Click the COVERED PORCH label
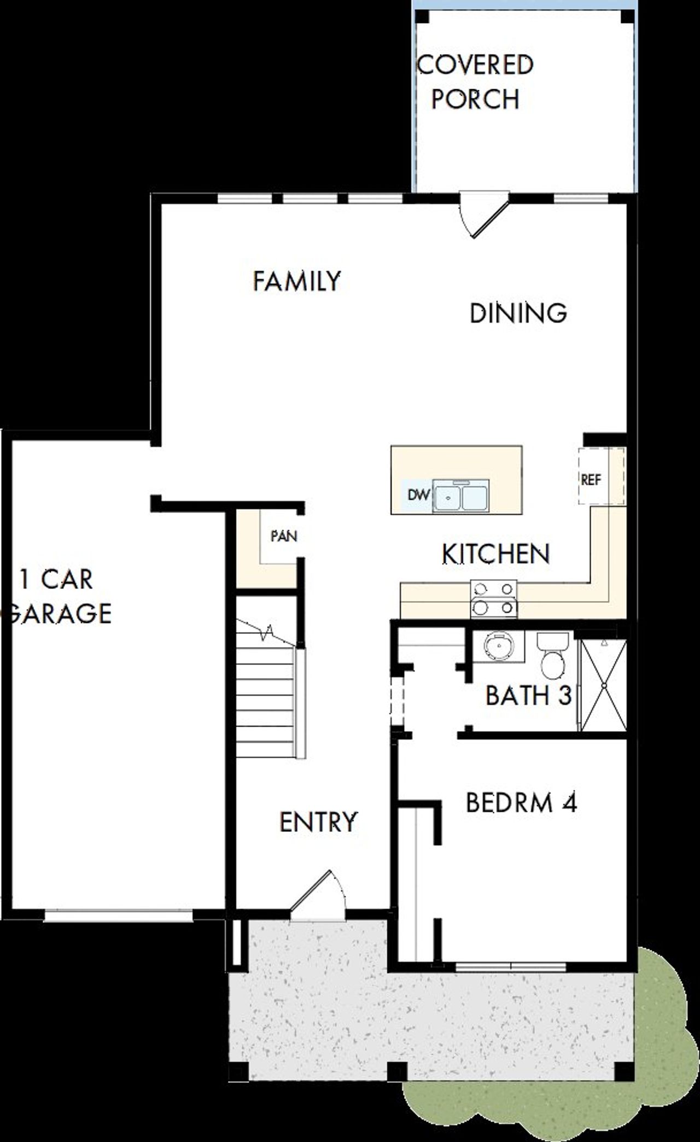(x=475, y=82)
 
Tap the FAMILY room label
(x=296, y=281)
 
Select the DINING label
(x=518, y=313)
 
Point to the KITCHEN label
(x=495, y=554)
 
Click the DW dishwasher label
(x=418, y=495)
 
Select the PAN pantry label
(x=284, y=536)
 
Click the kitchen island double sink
(x=461, y=496)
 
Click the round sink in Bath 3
(x=497, y=645)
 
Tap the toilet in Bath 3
(x=552, y=654)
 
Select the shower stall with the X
(x=604, y=685)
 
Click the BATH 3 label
(x=528, y=696)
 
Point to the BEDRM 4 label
(x=521, y=803)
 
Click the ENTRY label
(x=318, y=822)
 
